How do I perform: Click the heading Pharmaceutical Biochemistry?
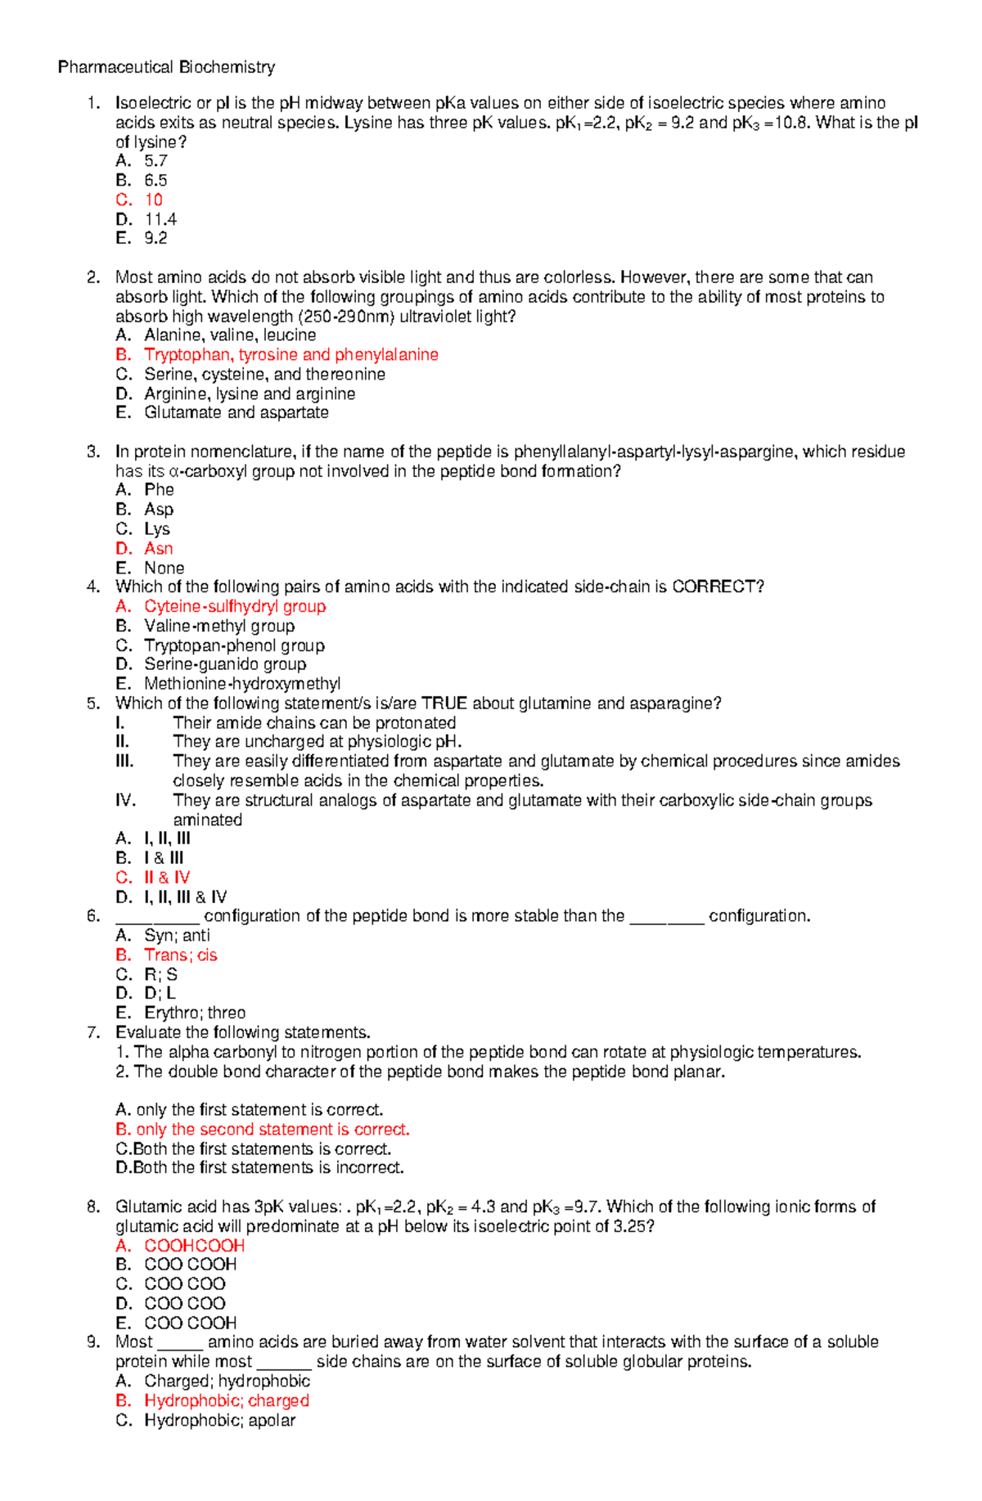coord(166,67)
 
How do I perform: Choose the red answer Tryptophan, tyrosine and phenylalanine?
coord(291,354)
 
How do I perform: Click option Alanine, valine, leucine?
coord(230,335)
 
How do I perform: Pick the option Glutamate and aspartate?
coord(236,412)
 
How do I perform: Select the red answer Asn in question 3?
coord(158,548)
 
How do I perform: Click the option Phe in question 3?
coord(159,490)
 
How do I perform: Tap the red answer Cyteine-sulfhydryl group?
coord(235,606)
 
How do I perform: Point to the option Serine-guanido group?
coord(225,664)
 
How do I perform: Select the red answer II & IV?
coord(167,877)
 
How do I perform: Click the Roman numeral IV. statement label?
coord(125,800)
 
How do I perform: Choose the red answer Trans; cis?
coord(180,955)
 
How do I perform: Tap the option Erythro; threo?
coord(195,1013)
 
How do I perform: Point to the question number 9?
coord(93,1341)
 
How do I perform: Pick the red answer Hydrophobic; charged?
coord(226,1400)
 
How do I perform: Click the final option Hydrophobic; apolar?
coord(219,1420)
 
